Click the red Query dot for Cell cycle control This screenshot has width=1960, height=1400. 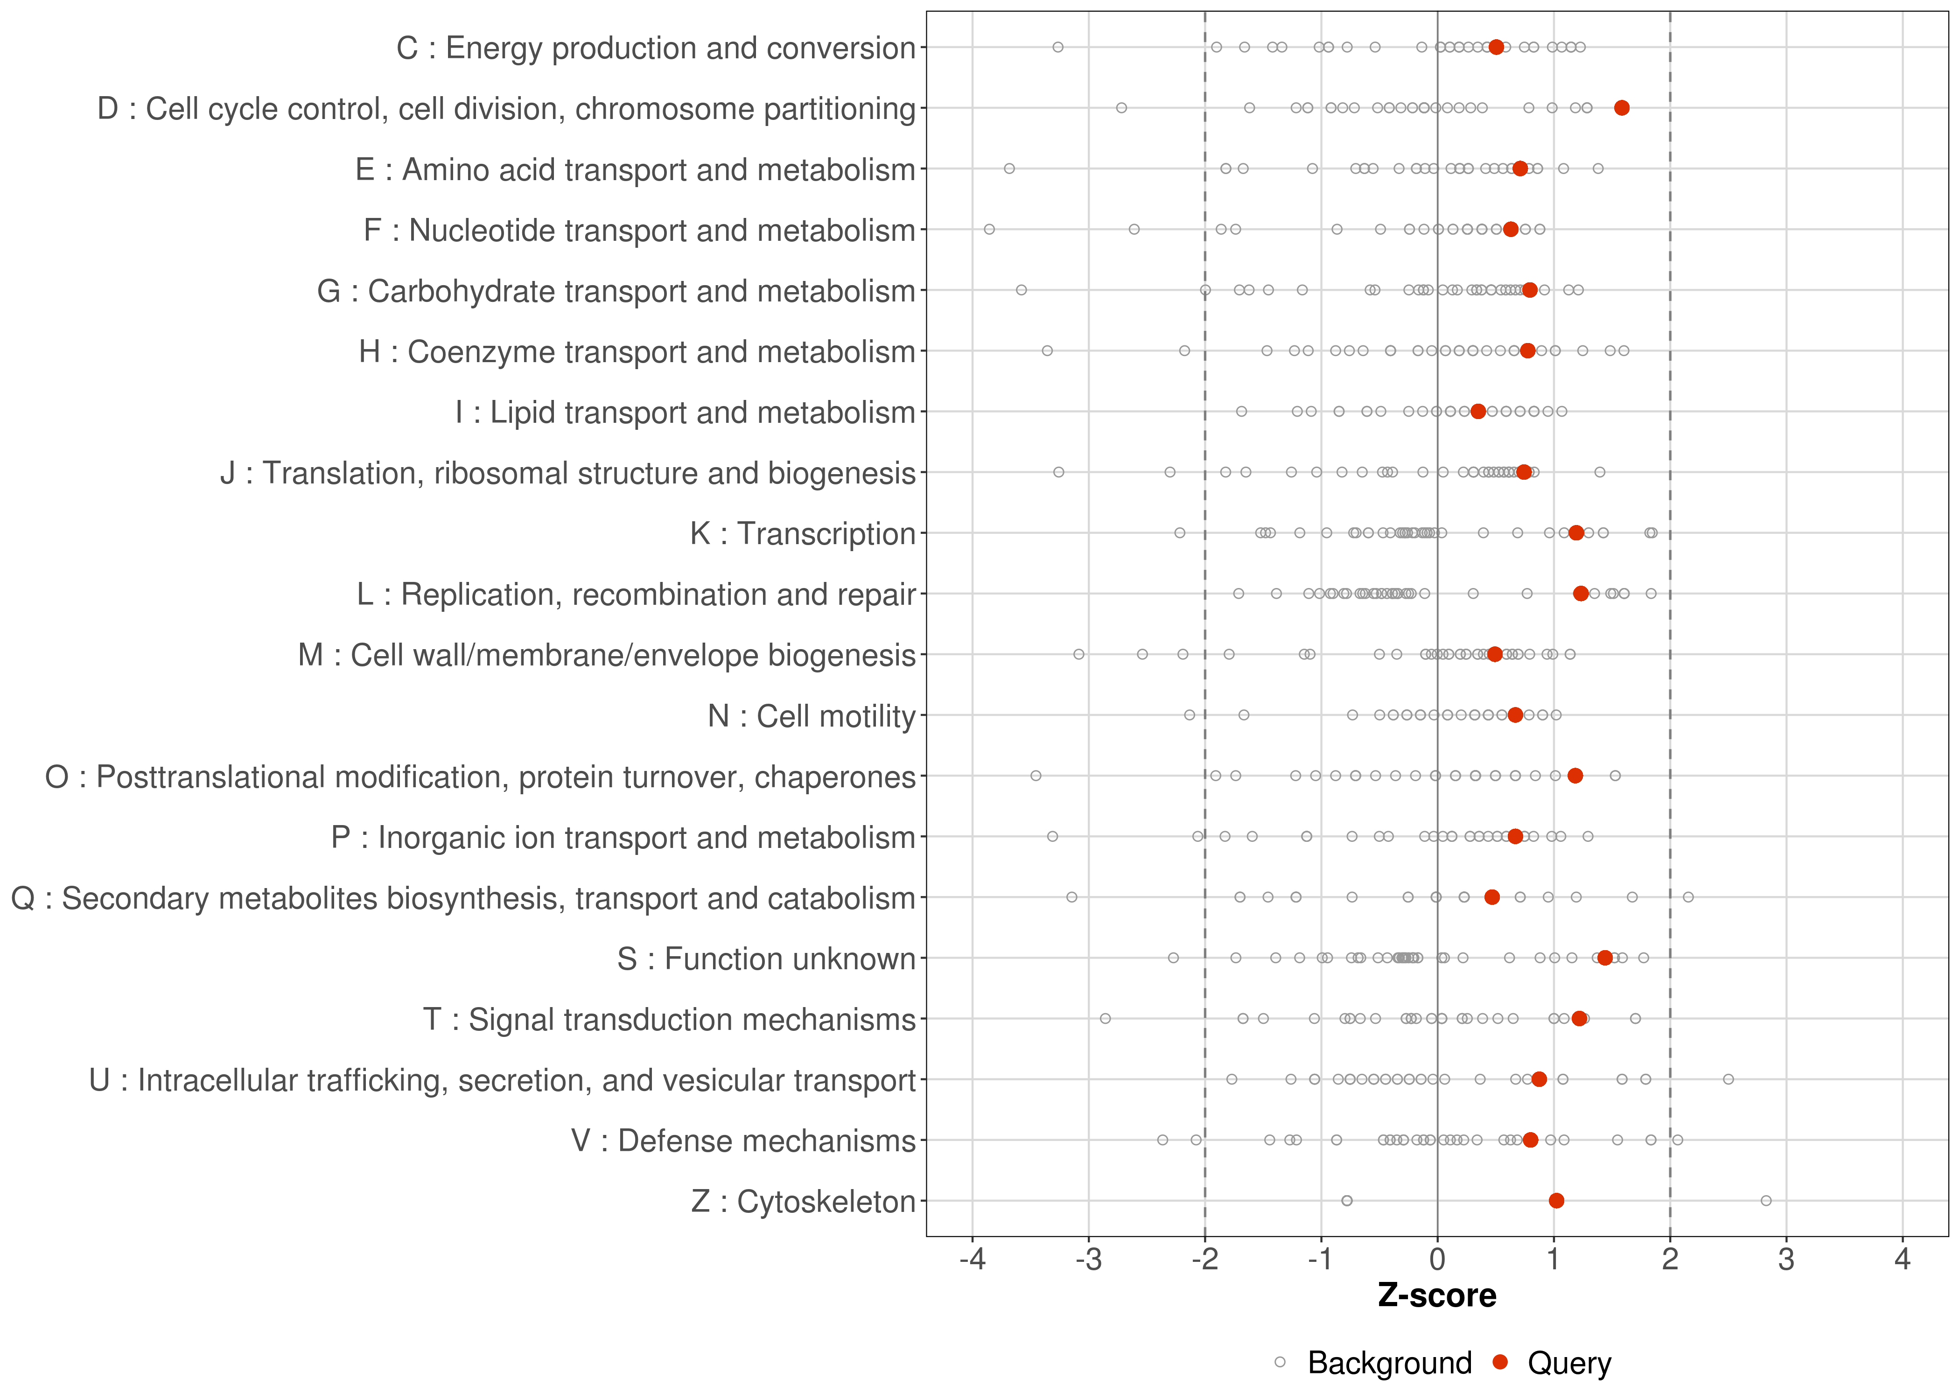pyautogui.click(x=1621, y=108)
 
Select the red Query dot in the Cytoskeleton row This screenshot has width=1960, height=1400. pyautogui.click(x=1556, y=1201)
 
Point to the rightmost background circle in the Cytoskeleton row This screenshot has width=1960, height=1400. pyautogui.click(x=1766, y=1201)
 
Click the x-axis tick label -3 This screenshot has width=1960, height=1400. pyautogui.click(x=1089, y=1260)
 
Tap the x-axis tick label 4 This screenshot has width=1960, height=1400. pyautogui.click(x=1902, y=1260)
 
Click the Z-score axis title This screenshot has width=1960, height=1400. pyautogui.click(x=1437, y=1295)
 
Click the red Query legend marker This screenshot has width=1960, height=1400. pyautogui.click(x=1501, y=1362)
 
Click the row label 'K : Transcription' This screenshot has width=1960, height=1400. pyautogui.click(x=803, y=533)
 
